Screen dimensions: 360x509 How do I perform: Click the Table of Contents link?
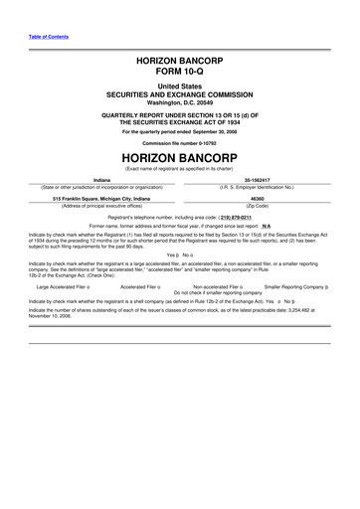coord(43,37)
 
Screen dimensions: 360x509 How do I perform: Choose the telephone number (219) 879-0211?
coord(248,216)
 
